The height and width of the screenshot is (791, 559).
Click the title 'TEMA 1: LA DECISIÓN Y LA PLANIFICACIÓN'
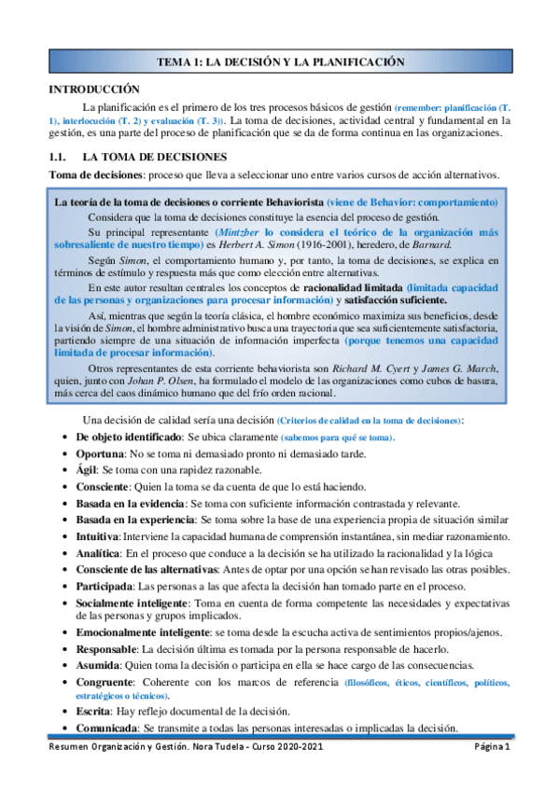click(x=280, y=62)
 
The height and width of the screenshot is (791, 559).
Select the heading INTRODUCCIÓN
click(x=94, y=89)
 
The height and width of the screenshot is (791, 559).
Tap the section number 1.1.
click(x=60, y=158)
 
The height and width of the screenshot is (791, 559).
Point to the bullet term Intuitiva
click(x=97, y=537)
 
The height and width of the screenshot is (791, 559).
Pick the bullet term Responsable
click(x=106, y=647)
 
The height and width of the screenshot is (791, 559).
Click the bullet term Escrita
click(x=92, y=711)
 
